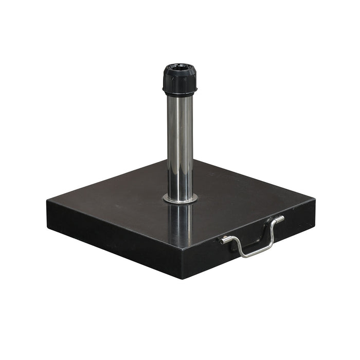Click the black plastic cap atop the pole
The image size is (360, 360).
(179, 80)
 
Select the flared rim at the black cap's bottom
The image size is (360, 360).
(179, 93)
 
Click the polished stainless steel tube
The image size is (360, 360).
(179, 144)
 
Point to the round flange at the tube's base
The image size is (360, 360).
(179, 199)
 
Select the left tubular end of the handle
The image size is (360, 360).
(225, 240)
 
